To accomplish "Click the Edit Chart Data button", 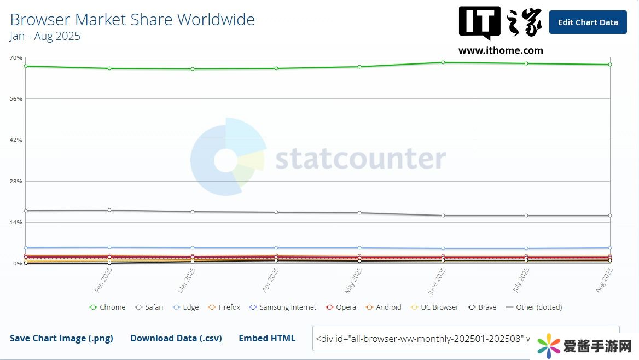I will coord(588,22).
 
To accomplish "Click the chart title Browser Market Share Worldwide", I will coord(132,20).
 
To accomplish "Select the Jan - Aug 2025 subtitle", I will coord(45,37).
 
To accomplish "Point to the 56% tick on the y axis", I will coord(16,99).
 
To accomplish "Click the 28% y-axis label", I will coord(16,181).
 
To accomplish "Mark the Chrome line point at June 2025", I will coord(443,62).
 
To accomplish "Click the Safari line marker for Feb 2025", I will coord(109,210).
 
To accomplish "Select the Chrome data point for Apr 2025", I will coord(276,68).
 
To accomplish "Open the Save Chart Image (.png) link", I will coord(61,338).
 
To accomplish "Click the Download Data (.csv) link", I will coord(176,338).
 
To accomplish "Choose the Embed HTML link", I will coord(267,338).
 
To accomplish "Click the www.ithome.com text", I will coord(501,50).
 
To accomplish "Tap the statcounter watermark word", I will coord(361,159).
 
